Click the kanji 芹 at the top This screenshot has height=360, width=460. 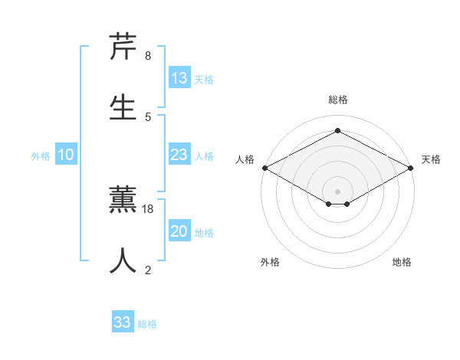[123, 47]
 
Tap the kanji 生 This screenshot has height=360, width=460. [123, 106]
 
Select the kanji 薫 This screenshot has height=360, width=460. [123, 200]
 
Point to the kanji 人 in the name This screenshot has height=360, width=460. [123, 260]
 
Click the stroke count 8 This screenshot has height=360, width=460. [147, 56]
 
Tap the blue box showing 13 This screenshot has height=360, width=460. [179, 78]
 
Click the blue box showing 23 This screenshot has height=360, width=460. [179, 155]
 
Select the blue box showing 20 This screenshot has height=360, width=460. [179, 231]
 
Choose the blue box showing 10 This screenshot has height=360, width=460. [66, 155]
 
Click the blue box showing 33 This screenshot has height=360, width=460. [123, 322]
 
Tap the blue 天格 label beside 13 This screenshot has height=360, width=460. [204, 80]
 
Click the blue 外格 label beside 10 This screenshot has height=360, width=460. [41, 156]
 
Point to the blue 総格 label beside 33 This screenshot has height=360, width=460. [147, 324]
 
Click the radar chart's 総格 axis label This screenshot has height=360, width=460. [338, 100]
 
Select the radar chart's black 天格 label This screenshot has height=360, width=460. [431, 159]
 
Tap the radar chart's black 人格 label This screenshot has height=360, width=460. [245, 159]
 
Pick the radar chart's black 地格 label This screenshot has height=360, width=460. [402, 262]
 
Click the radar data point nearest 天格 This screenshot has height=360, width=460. [411, 168]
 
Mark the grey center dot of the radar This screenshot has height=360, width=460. [338, 190]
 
